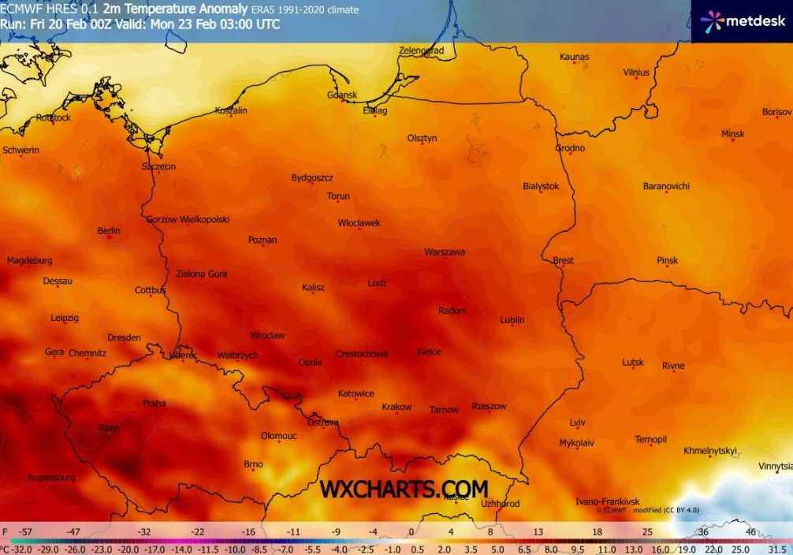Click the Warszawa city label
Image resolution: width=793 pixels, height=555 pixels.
point(445,252)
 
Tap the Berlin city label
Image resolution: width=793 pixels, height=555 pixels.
point(109,231)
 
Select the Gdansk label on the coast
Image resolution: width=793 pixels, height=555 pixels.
point(342,95)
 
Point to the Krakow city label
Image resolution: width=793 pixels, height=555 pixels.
point(396,407)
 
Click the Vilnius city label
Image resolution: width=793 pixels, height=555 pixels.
point(636,73)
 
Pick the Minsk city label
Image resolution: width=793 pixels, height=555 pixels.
point(732,134)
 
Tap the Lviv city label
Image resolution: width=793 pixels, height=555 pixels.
point(577,423)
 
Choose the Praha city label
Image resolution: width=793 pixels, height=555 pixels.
point(154,404)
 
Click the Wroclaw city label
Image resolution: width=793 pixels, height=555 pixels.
point(267,336)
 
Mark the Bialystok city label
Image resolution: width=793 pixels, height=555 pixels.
point(541,186)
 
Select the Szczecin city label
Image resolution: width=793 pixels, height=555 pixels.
point(158,167)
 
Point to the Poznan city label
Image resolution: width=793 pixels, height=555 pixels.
point(262,240)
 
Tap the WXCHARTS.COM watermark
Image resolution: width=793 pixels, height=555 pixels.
point(404,490)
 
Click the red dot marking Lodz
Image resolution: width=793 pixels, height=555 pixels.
point(378,291)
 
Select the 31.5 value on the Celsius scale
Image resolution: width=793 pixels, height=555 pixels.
point(778,549)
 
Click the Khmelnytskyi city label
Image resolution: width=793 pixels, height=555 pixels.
point(710,451)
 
